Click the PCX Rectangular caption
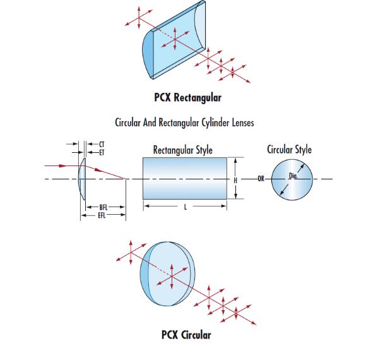tap(187, 97)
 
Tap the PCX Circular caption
tap(186, 335)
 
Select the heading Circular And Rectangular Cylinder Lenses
tap(184, 123)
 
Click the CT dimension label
tap(102, 144)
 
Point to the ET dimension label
tap(102, 153)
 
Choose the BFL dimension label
tap(103, 207)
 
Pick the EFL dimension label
tap(102, 215)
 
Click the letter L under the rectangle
tap(186, 207)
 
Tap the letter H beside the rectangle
tap(235, 180)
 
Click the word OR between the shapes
tap(261, 179)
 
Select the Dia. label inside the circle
tap(293, 176)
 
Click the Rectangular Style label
tap(183, 150)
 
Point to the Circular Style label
tap(289, 150)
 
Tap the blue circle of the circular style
tap(292, 179)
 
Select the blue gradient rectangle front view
tap(185, 178)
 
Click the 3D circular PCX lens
tap(167, 274)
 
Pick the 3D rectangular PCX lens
tap(174, 40)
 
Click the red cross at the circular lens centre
tap(172, 277)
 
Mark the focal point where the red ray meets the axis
tap(126, 179)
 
